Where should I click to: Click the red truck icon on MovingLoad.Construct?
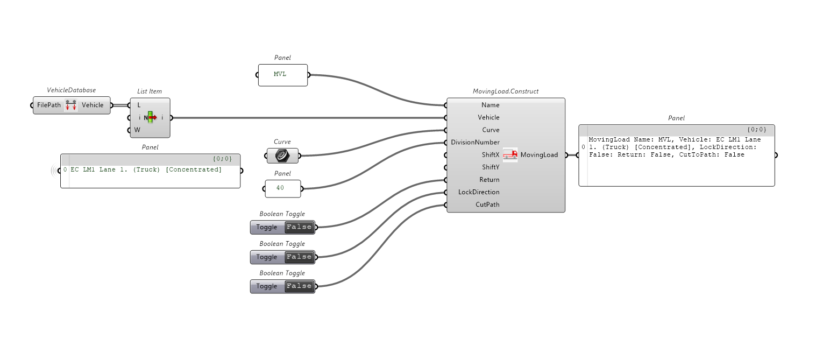[x=510, y=155]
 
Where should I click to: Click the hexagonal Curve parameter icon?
[x=282, y=156]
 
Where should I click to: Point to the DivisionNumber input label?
[x=475, y=143]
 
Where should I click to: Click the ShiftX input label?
[x=491, y=155]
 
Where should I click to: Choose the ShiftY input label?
[x=491, y=167]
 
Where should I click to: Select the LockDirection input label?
[x=479, y=192]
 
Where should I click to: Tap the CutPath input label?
[x=487, y=204]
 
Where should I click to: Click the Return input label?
[x=489, y=180]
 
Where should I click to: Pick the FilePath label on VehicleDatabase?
[x=49, y=105]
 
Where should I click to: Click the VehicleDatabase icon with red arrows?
[x=70, y=105]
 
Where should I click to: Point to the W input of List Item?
[x=138, y=130]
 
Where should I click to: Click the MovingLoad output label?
[x=539, y=155]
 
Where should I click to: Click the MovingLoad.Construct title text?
[x=505, y=91]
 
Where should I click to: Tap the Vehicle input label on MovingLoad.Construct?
[x=488, y=117]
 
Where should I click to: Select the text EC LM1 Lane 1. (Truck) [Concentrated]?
[x=146, y=170]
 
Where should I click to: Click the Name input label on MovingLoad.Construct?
[x=491, y=105]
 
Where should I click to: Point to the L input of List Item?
[x=139, y=105]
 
